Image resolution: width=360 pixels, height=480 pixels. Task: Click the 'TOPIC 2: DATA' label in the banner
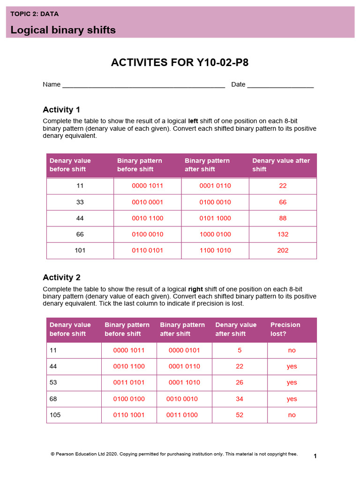point(34,14)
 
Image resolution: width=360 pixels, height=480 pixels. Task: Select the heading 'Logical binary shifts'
point(63,30)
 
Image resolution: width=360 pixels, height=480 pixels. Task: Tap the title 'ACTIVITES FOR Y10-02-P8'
point(180,63)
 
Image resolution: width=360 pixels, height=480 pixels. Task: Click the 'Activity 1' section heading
point(61,110)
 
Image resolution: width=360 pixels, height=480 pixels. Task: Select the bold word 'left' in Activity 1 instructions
point(193,120)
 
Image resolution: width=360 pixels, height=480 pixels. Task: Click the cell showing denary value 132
point(283,234)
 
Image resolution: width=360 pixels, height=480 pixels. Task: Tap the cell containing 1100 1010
point(215,250)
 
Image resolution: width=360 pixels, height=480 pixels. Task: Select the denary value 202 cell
point(283,250)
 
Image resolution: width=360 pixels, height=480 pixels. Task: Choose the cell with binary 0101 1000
point(215,218)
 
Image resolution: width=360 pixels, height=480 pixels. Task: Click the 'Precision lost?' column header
point(285,329)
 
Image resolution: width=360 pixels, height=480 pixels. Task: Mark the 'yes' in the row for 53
point(292,382)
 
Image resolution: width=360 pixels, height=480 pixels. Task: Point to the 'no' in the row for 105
point(292,415)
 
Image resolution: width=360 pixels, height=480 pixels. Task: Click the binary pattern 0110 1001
point(129,415)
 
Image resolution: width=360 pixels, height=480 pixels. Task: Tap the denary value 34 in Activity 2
point(240,399)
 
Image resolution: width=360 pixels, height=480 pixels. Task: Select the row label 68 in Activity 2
point(53,399)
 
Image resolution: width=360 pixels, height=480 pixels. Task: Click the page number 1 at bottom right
point(315,456)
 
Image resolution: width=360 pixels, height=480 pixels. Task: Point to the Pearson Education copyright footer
point(174,454)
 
